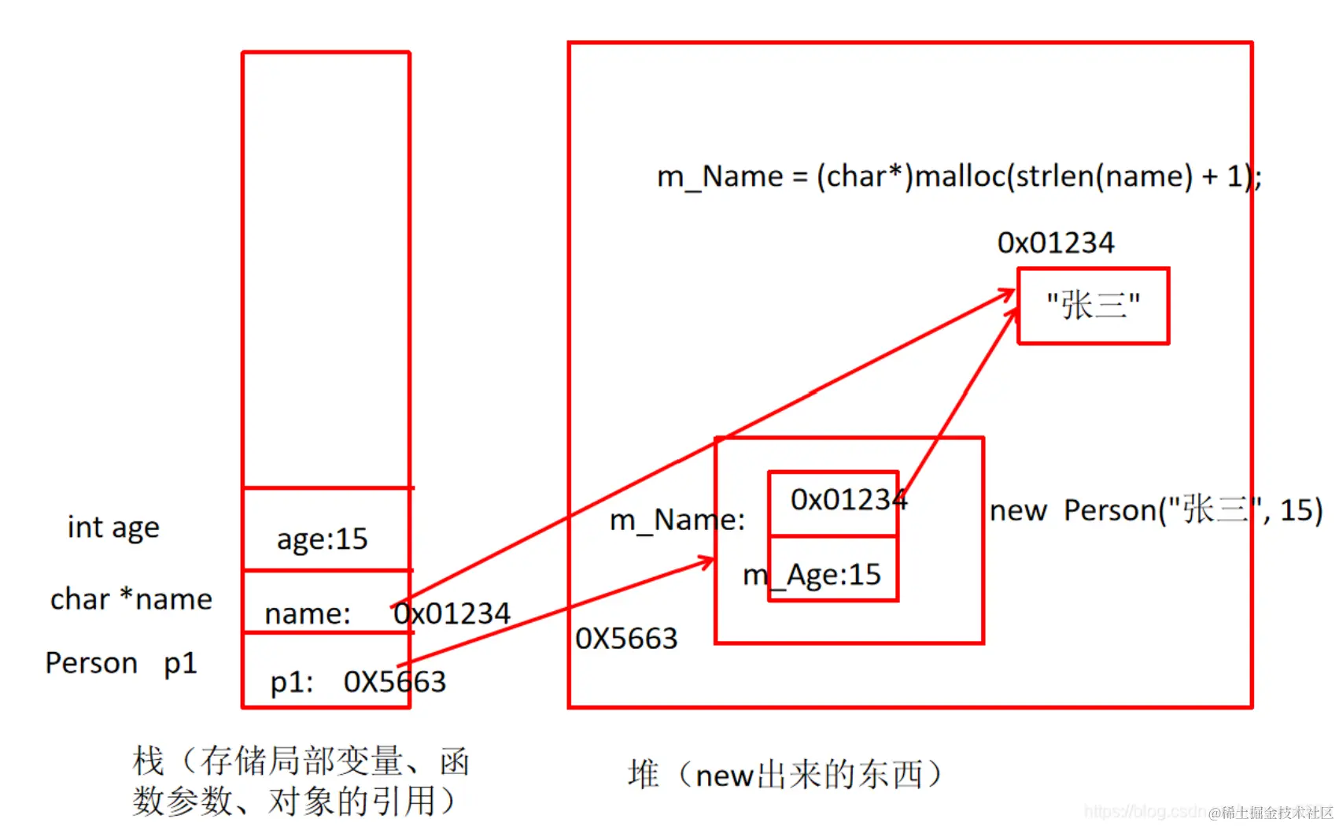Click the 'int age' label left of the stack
point(113,528)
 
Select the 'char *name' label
point(131,599)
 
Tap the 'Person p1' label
point(120,663)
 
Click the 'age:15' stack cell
point(323,539)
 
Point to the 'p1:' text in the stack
point(291,682)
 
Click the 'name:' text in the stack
point(307,613)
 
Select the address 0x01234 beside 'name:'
point(452,613)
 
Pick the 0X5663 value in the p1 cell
point(395,682)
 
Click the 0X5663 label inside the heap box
point(626,639)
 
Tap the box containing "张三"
point(1093,306)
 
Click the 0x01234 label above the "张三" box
point(1056,243)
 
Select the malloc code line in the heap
point(958,176)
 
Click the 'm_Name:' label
point(677,520)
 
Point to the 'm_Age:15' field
point(813,575)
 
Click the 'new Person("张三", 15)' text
point(1156,510)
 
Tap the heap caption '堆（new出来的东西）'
point(784,775)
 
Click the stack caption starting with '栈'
point(301,780)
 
